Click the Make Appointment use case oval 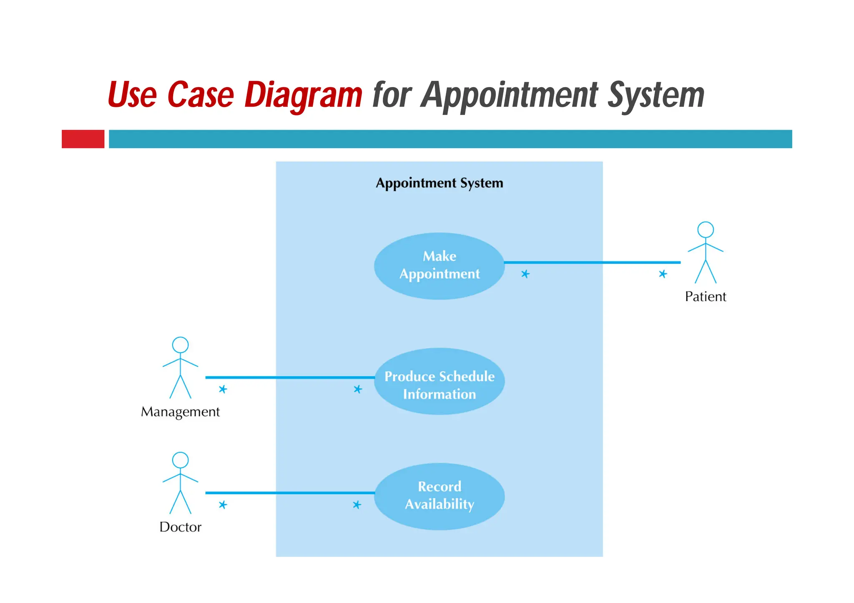point(439,265)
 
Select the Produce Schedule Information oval point(439,381)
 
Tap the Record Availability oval point(439,496)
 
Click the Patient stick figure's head point(705,230)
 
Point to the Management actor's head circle point(180,345)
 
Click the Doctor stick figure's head point(180,460)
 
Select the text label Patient point(705,296)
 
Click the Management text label point(180,412)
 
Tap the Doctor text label point(180,527)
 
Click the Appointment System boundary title point(439,183)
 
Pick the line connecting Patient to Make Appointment point(592,263)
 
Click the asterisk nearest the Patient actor point(663,274)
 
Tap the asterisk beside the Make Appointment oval point(525,274)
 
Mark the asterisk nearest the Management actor point(223,389)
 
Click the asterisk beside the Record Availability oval point(357,505)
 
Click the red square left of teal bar point(83,139)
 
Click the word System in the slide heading point(656,95)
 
